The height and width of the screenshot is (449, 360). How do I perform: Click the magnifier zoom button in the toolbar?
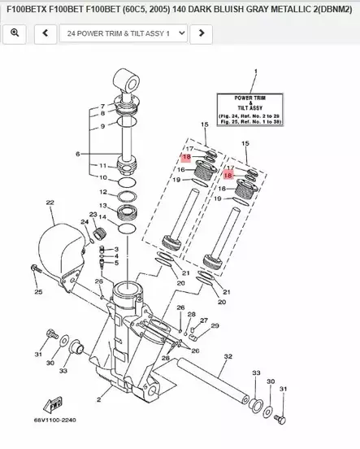tap(15, 33)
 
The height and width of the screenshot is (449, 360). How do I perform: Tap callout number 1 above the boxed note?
tap(254, 72)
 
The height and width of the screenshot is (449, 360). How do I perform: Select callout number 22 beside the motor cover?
tap(50, 203)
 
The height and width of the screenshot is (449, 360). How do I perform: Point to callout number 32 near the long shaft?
tap(228, 356)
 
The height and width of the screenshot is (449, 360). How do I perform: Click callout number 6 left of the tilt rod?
tap(78, 154)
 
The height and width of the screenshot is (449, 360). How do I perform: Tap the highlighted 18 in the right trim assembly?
tap(228, 175)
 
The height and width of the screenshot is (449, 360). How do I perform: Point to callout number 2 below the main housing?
tap(99, 400)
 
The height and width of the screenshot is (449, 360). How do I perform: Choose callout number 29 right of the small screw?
tap(215, 325)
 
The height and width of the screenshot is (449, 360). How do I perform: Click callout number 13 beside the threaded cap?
tap(102, 206)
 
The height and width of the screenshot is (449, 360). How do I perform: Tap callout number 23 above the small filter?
tap(93, 214)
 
